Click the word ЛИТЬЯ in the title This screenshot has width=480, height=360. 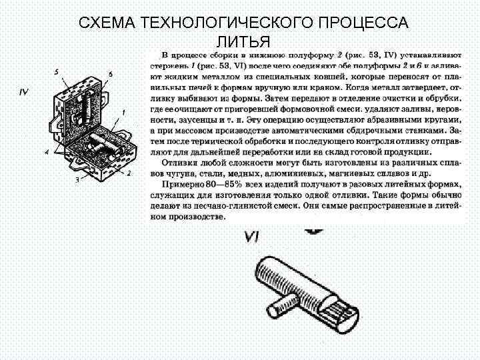tap(243, 42)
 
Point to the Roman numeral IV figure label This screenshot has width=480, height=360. tap(23, 92)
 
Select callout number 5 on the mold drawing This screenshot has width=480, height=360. tap(57, 72)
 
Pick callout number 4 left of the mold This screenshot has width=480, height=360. tap(47, 153)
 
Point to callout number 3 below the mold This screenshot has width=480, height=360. tap(77, 180)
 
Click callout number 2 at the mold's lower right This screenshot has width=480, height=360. tap(129, 173)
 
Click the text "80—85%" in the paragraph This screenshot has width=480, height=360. tap(218, 183)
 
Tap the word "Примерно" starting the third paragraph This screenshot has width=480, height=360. tap(182, 183)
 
